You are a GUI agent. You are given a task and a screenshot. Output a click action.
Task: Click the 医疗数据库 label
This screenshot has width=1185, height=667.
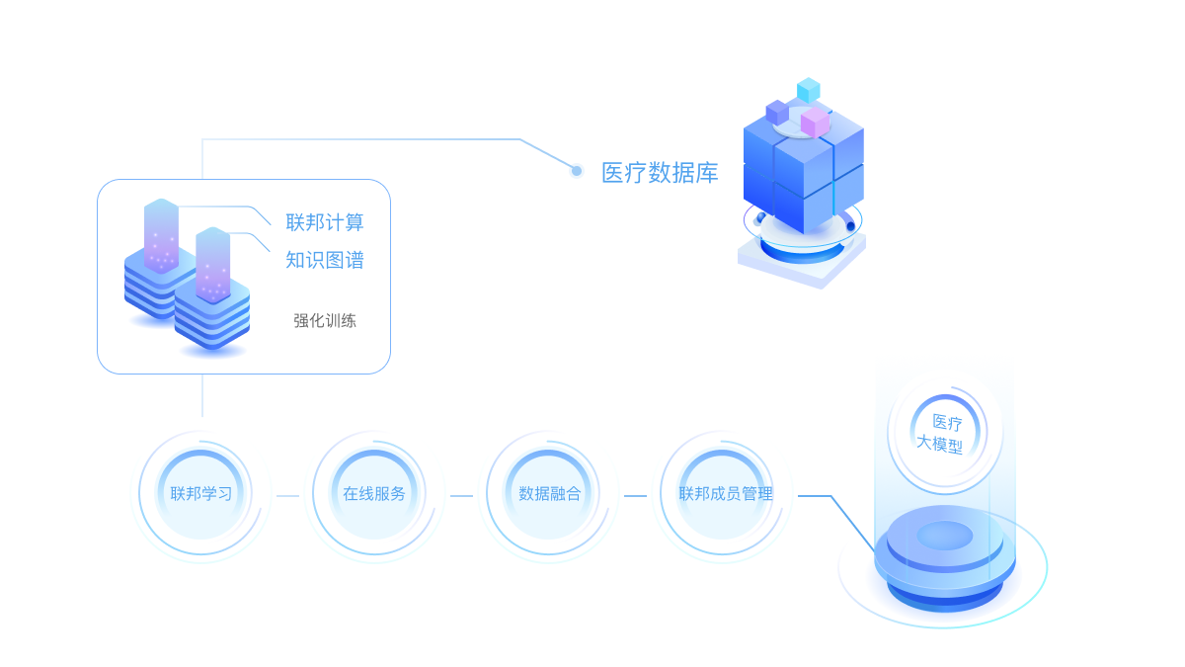(x=660, y=173)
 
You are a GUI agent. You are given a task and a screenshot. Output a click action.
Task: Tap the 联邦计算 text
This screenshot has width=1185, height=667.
(x=325, y=222)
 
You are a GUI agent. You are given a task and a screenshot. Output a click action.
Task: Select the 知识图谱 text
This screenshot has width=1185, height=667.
(x=325, y=260)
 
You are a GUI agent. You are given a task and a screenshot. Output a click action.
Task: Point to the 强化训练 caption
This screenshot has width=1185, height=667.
(x=325, y=320)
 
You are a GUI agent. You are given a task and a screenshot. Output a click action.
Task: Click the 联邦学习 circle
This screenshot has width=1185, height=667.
(x=201, y=494)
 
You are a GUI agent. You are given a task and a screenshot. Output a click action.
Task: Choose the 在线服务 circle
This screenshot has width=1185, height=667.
(x=374, y=494)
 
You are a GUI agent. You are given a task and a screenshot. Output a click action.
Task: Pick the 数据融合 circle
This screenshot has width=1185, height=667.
(x=550, y=494)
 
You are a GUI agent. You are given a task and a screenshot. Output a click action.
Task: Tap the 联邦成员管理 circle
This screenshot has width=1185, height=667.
(x=725, y=494)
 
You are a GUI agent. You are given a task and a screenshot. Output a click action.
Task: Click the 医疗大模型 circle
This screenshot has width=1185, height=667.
(x=946, y=433)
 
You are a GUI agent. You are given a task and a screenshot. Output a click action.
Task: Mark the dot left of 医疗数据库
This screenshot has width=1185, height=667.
(x=577, y=171)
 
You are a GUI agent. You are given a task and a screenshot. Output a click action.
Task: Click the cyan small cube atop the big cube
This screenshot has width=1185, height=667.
(x=809, y=90)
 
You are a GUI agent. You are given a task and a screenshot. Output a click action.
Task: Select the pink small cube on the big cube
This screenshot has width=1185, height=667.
(x=815, y=123)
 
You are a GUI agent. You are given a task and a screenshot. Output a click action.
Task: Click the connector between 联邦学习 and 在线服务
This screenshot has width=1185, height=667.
(x=287, y=496)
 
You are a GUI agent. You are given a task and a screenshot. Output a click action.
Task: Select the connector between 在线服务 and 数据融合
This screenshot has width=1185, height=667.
(x=461, y=496)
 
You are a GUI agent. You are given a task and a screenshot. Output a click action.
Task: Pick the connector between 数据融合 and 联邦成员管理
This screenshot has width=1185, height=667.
(x=635, y=496)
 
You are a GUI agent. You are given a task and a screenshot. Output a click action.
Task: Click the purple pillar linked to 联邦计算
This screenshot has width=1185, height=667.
(x=161, y=235)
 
